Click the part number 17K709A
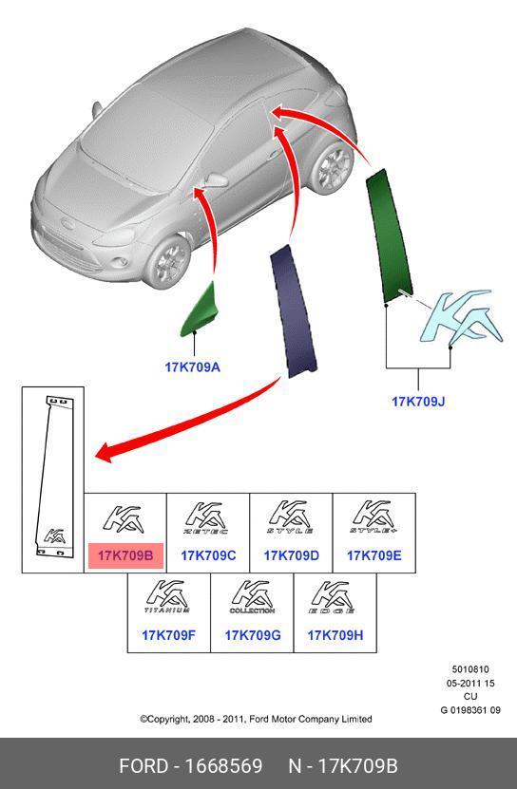coord(193,366)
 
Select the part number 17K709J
coord(418,402)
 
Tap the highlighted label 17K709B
coord(125,555)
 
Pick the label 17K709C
coord(208,555)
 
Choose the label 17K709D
coord(291,555)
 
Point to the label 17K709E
coord(374,555)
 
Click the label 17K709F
coord(168,635)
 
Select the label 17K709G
coord(253,635)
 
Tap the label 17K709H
coord(335,635)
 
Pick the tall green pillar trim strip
coord(389,236)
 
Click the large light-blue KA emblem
coord(461,318)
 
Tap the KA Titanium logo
coord(168,597)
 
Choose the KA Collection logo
coord(253,597)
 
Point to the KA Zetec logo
coord(207,517)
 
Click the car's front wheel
coord(168,262)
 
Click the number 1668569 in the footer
coord(223,766)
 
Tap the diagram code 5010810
coord(470,669)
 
